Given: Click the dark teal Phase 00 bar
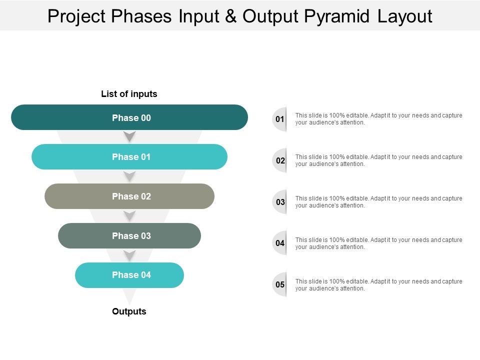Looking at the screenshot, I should click(x=129, y=117).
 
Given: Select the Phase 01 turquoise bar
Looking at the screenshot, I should click(x=129, y=157).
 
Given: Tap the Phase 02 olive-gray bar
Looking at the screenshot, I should click(x=129, y=196).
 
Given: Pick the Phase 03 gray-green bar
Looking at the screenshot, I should click(x=129, y=236).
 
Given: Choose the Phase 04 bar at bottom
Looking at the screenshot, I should click(x=129, y=275).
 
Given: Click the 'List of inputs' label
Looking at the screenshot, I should click(x=129, y=94).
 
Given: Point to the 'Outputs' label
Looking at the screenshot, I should click(x=129, y=311).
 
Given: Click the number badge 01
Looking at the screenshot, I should click(x=279, y=119).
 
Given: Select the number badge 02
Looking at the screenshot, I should click(x=280, y=161).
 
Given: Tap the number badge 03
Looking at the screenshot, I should click(x=280, y=202).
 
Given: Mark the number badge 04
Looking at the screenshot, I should click(x=280, y=243).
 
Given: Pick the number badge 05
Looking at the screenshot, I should click(x=280, y=285).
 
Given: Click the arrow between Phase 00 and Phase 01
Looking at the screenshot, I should click(x=130, y=136).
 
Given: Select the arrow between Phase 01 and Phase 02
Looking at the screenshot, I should click(x=130, y=176).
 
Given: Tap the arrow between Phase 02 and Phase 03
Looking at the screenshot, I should click(x=130, y=215).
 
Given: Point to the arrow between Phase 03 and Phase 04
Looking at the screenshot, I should click(x=130, y=255).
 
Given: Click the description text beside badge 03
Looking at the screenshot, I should click(x=378, y=202).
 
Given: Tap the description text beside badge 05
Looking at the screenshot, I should click(x=378, y=285).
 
